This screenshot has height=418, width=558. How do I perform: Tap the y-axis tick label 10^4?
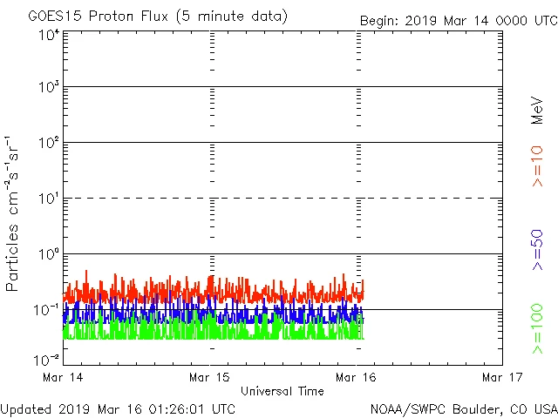[x=49, y=35]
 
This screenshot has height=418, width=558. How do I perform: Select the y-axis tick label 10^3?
[x=49, y=88]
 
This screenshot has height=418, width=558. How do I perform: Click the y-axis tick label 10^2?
[x=49, y=143]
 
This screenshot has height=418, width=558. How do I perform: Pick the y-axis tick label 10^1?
[x=49, y=199]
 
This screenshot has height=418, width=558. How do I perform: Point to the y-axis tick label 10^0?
[x=49, y=254]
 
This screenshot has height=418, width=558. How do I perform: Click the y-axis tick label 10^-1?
[x=47, y=310]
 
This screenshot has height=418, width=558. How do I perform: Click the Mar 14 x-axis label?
[x=64, y=377]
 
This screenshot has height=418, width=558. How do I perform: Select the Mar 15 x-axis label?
[x=210, y=377]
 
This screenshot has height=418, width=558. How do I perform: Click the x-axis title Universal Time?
[x=282, y=391]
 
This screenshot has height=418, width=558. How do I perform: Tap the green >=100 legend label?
[x=537, y=329]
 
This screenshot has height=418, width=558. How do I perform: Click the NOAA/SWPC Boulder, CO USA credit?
[x=463, y=408]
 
